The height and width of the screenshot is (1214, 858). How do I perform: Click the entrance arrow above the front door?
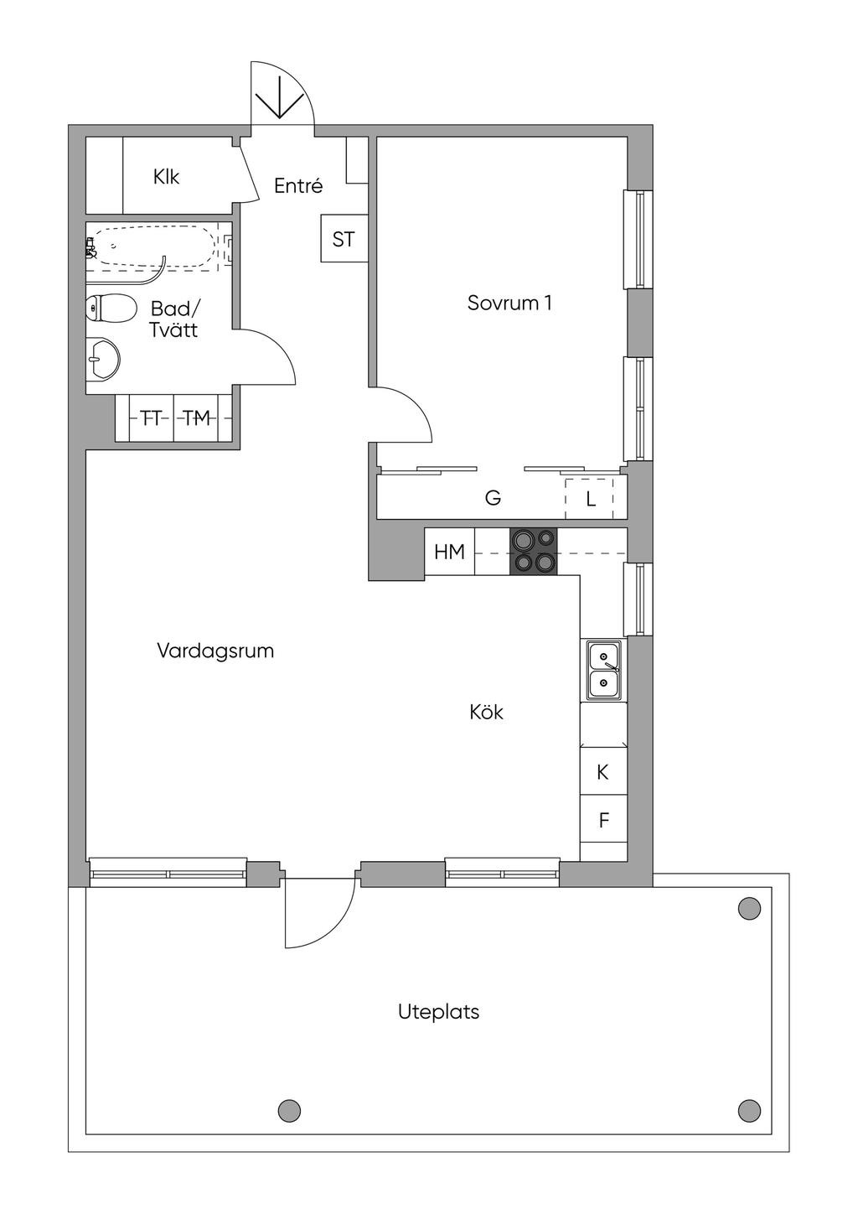[279, 97]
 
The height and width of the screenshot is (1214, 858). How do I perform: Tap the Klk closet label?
[166, 177]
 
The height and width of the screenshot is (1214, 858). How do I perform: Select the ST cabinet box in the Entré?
[344, 238]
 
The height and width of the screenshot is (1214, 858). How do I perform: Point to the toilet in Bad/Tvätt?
[111, 309]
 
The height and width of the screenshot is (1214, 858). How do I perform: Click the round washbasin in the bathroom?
[103, 358]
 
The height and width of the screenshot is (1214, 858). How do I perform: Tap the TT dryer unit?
[152, 418]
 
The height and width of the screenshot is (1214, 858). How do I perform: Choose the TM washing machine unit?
[196, 418]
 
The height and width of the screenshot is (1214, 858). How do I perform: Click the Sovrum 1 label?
[509, 303]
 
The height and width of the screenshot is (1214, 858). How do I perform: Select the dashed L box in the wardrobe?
[589, 499]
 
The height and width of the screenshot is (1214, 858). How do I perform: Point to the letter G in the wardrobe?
[493, 497]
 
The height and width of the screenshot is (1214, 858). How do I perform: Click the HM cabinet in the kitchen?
[450, 551]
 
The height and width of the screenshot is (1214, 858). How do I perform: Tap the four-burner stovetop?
[534, 551]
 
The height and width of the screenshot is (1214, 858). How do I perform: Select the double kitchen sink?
[603, 671]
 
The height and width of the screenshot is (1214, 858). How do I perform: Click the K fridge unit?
[603, 772]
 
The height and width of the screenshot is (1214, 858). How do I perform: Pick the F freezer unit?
[603, 819]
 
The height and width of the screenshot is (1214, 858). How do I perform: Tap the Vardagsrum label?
[215, 651]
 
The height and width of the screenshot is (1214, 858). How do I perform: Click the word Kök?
[487, 712]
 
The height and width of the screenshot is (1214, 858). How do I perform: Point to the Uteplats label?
[439, 1012]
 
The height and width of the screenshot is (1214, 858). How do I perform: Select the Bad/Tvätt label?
[174, 319]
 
